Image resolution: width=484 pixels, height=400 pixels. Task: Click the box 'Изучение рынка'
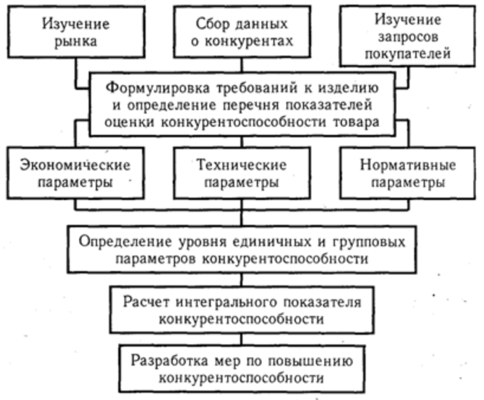(x=76, y=32)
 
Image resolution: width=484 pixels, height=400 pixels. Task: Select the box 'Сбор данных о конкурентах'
(x=242, y=32)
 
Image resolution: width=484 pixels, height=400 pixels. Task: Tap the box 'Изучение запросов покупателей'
(x=408, y=36)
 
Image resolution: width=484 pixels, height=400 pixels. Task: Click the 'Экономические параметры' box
(x=75, y=173)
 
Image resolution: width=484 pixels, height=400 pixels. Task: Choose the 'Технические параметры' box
(x=242, y=173)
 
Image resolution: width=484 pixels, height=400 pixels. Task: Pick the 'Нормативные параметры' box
(x=408, y=173)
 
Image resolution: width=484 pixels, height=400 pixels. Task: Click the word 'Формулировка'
(x=157, y=88)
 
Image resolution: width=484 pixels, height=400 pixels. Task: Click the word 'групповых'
(x=369, y=242)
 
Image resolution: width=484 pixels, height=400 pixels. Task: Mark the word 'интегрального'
(x=226, y=302)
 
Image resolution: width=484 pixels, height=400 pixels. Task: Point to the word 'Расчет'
(x=146, y=302)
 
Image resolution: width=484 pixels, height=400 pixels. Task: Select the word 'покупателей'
(x=408, y=54)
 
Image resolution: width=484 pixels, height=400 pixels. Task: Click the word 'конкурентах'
(x=249, y=41)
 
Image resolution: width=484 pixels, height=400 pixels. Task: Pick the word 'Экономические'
(x=75, y=165)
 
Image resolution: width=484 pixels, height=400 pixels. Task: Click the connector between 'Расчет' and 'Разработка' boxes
(x=241, y=340)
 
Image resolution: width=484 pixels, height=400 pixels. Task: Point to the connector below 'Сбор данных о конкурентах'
(x=241, y=65)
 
